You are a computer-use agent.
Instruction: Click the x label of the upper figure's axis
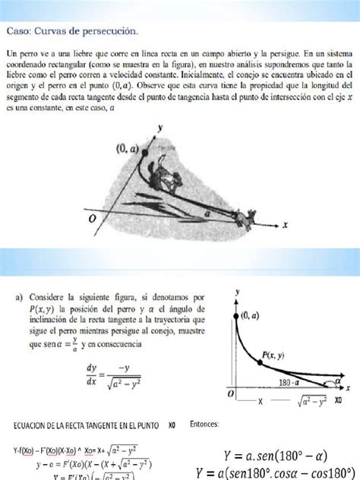pyautogui.click(x=285, y=226)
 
